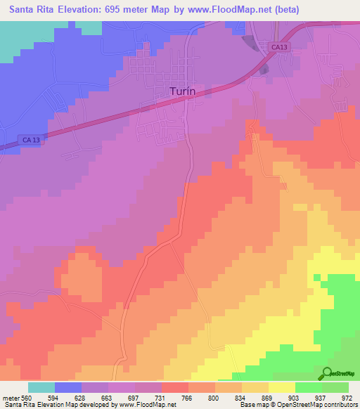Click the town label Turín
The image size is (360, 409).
[x=185, y=91]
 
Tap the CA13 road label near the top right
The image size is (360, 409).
[x=279, y=47]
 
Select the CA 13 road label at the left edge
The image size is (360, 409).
[x=31, y=141]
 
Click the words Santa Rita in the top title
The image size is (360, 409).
[x=34, y=10]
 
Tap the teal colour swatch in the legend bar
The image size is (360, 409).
[x=41, y=387]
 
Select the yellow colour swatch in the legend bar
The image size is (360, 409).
[x=282, y=387]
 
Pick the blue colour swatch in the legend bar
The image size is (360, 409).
[x=68, y=387]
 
